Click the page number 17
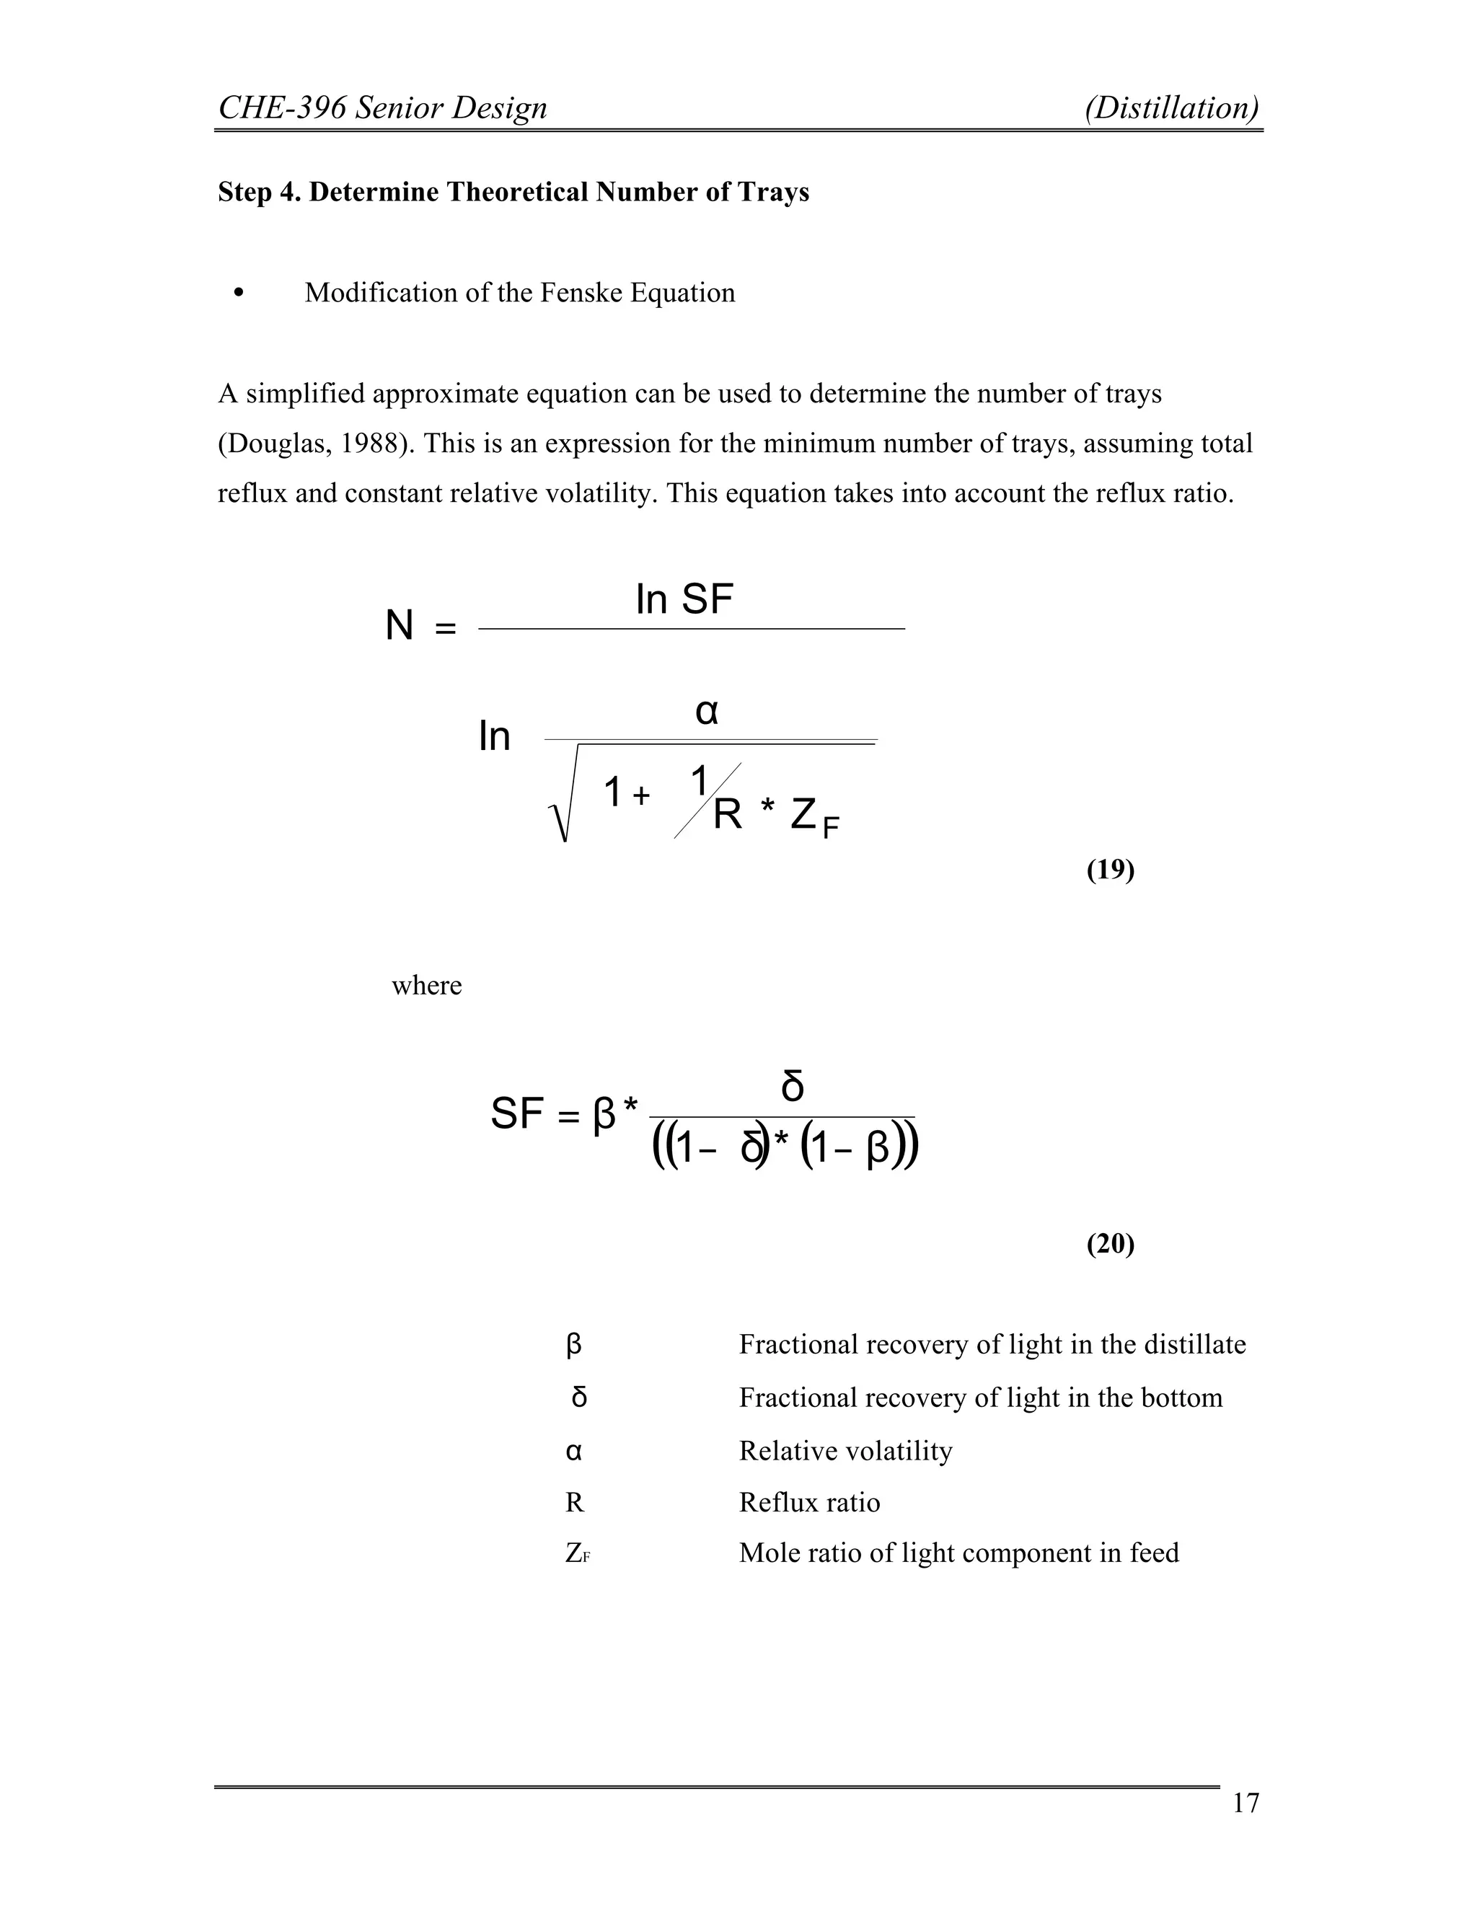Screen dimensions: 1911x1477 click(x=1245, y=1804)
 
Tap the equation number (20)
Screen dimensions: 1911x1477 click(x=1111, y=1243)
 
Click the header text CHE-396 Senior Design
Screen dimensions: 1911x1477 click(x=382, y=107)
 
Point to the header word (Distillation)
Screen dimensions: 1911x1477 click(x=1172, y=107)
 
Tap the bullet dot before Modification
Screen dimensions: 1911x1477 click(x=239, y=293)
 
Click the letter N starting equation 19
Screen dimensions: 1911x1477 click(x=399, y=626)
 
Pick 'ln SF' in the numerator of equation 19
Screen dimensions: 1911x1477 click(x=684, y=600)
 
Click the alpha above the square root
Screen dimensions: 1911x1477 click(x=707, y=712)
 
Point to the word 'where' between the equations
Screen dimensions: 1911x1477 click(x=426, y=985)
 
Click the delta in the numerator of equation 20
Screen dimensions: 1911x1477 click(x=792, y=1087)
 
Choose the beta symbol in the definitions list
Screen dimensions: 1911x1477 click(x=574, y=1344)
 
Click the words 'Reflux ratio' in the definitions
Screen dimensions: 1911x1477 click(x=809, y=1502)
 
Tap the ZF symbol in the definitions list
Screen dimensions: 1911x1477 click(x=578, y=1553)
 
